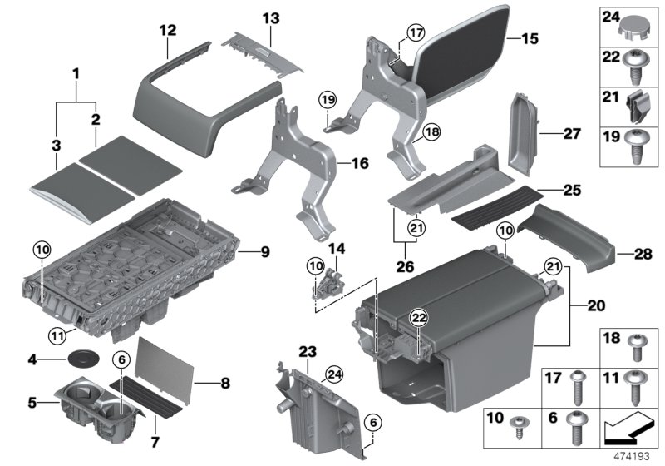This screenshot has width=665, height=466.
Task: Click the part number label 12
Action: [x=168, y=30]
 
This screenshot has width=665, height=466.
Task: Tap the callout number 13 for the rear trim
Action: [x=272, y=17]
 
